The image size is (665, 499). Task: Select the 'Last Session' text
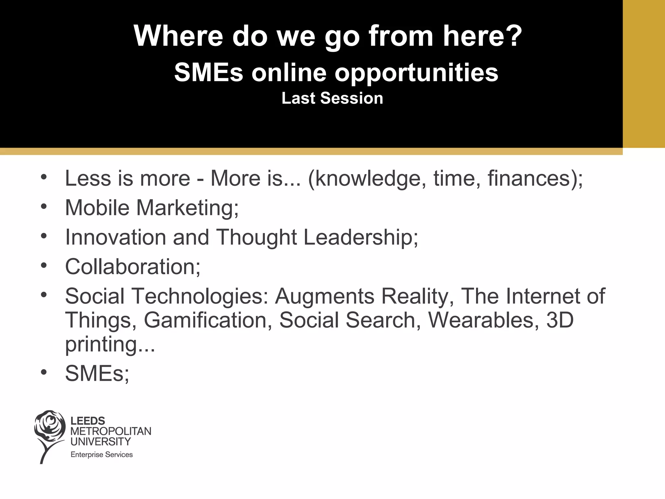332,98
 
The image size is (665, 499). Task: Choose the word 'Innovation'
116,237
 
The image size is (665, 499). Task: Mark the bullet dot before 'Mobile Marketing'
44,207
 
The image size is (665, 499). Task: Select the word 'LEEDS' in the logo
88,421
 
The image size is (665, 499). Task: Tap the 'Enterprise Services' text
102,454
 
